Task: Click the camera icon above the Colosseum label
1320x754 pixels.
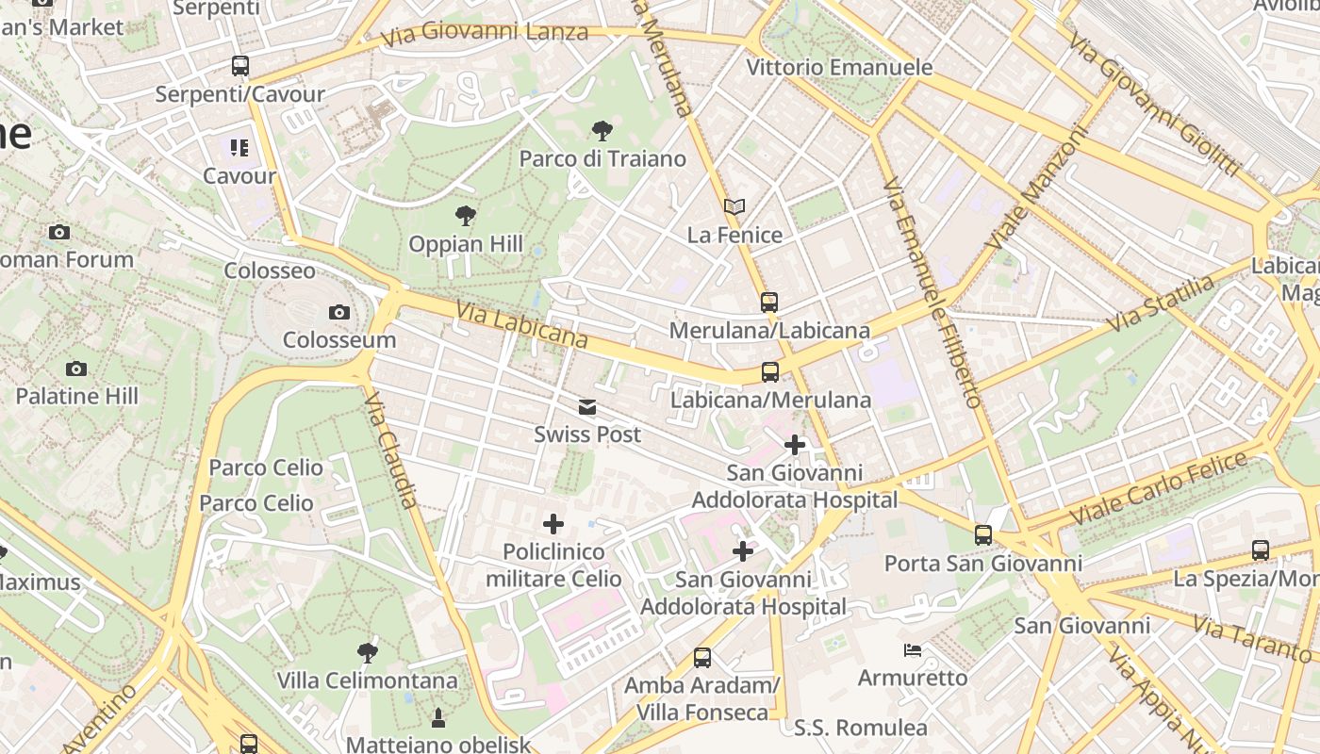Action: point(339,312)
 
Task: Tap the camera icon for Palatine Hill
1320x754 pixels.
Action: point(76,369)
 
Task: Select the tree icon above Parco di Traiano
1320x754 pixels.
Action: point(602,130)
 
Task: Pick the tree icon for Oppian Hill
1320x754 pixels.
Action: point(465,216)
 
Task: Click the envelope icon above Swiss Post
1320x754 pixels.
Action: point(587,407)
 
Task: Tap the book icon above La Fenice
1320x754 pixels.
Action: point(734,206)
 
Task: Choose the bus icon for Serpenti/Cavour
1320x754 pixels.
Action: point(240,66)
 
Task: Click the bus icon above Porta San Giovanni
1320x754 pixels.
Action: point(983,535)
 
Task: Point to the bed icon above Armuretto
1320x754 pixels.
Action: point(912,650)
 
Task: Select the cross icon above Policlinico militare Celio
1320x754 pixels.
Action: point(553,524)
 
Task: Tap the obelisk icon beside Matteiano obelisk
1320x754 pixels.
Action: point(437,719)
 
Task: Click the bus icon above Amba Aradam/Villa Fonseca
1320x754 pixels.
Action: point(702,657)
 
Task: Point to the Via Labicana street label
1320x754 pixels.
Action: point(521,324)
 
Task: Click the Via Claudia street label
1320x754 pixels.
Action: point(390,450)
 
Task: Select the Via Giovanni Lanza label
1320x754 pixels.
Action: point(485,33)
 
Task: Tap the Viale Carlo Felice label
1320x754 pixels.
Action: point(1159,488)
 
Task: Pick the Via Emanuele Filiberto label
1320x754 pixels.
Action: point(932,292)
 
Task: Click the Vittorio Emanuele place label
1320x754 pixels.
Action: point(839,68)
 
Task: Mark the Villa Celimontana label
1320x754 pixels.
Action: point(367,680)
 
